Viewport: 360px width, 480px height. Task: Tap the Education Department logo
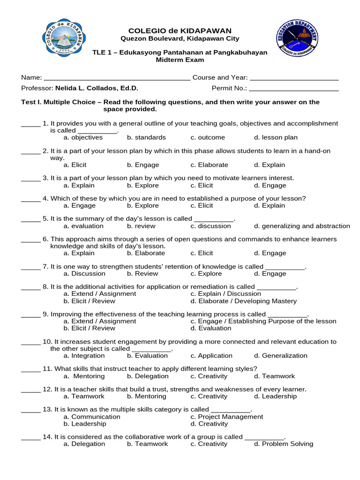pos(296,39)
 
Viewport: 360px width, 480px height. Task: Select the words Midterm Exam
pos(180,60)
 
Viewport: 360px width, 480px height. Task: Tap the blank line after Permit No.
pos(293,89)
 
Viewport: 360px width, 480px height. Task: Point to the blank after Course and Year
pos(294,78)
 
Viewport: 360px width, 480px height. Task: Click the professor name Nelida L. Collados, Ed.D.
pos(97,88)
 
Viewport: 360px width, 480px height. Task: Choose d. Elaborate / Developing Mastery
pos(243,301)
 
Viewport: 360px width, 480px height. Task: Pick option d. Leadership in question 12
pos(275,397)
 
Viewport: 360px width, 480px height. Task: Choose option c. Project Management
pos(226,417)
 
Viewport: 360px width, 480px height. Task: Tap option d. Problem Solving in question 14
pos(283,444)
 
